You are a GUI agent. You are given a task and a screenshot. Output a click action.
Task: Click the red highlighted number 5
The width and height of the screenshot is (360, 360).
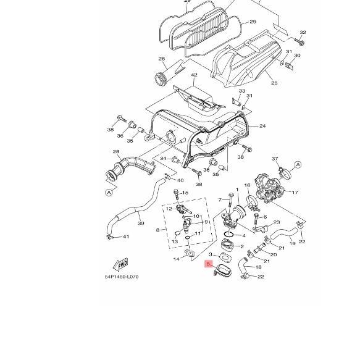[x=209, y=264]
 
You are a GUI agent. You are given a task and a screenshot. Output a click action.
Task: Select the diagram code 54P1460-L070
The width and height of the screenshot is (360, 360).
[x=122, y=277]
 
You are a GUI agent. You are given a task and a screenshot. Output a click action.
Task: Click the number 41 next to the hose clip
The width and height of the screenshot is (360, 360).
[x=126, y=237]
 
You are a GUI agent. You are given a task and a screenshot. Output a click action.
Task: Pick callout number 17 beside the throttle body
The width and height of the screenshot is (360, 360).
[x=295, y=192]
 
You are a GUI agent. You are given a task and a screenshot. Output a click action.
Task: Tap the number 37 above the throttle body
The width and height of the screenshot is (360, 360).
[x=275, y=159]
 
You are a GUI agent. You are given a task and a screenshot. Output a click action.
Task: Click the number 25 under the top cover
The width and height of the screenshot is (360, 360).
[x=274, y=83]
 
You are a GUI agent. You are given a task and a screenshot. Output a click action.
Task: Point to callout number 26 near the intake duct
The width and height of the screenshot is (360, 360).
[x=162, y=59]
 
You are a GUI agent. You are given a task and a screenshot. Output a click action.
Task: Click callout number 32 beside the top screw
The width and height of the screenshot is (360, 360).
[x=303, y=32]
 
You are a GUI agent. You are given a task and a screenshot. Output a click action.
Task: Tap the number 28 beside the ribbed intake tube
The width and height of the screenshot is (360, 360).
[x=115, y=151]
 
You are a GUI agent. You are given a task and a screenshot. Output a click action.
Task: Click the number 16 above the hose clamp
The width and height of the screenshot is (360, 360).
[x=247, y=185]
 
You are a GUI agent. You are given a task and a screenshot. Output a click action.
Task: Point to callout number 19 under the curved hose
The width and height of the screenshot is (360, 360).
[x=292, y=244]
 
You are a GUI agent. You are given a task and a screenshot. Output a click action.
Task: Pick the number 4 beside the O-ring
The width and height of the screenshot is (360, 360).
[x=245, y=235]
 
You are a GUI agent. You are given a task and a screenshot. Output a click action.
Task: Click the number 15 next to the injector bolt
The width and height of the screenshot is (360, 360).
[x=185, y=193]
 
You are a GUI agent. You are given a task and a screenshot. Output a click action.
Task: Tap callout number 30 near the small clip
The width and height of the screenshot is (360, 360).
[x=298, y=56]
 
